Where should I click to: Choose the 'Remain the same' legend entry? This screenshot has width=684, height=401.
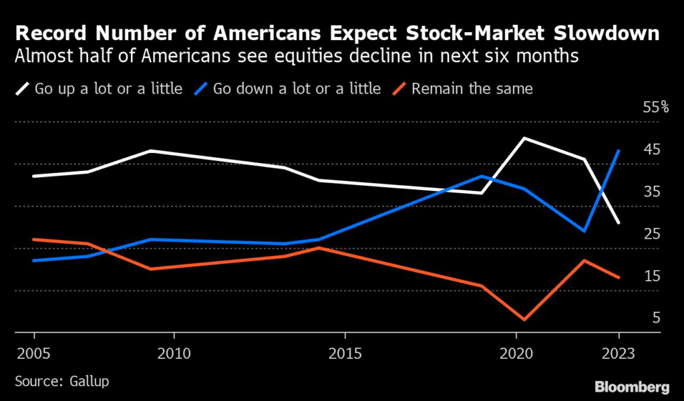click(472, 88)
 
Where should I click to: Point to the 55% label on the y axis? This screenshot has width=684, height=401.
click(654, 108)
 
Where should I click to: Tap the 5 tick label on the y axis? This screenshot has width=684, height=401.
click(656, 318)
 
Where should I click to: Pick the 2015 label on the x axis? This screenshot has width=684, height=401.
click(345, 352)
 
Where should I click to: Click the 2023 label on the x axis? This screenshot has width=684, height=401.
click(618, 352)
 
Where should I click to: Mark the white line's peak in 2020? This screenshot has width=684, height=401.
click(525, 138)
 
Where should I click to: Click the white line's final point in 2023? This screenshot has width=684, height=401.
click(619, 223)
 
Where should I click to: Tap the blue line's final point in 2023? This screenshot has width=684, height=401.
click(619, 151)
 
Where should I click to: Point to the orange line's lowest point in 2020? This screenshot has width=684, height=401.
click(525, 319)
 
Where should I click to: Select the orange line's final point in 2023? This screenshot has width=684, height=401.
click(619, 277)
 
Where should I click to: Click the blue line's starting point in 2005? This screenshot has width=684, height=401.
click(33, 260)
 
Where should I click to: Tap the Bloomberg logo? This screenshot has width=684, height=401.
click(631, 386)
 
